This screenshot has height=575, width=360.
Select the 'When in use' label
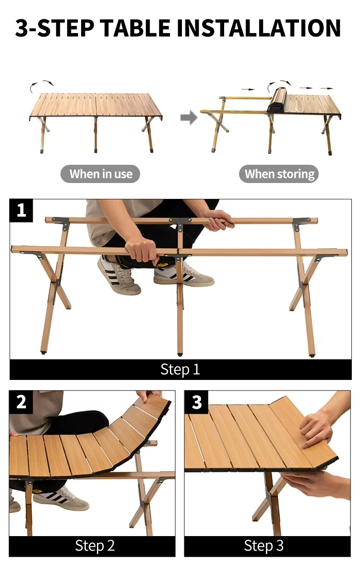(100, 174)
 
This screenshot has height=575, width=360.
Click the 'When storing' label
(279, 174)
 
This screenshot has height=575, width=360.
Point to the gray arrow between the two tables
(189, 118)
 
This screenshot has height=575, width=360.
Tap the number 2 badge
(21, 402)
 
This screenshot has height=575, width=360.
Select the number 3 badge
(197, 402)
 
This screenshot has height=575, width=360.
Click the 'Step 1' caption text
(180, 369)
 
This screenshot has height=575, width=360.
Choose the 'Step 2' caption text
(95, 546)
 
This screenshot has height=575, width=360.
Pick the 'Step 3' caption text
(264, 546)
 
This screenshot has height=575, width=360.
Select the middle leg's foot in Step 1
(180, 354)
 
